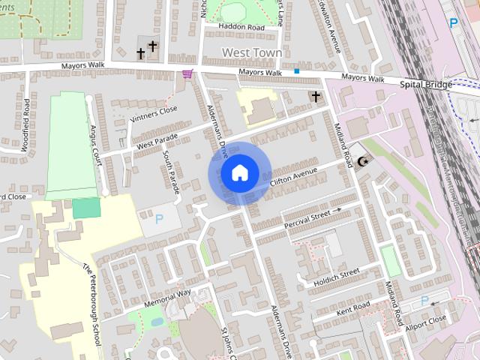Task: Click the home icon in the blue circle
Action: point(239,173)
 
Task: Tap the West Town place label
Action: point(252,52)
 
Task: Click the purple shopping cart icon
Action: point(187,73)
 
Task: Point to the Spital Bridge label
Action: point(426,85)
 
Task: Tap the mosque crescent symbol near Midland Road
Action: point(364,161)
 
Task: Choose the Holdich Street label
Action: point(337,277)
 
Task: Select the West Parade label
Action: point(157,140)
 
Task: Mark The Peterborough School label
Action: point(91,304)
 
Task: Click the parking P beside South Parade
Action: point(158,220)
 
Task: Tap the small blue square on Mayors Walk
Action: point(297,71)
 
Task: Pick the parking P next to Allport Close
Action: point(425,301)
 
